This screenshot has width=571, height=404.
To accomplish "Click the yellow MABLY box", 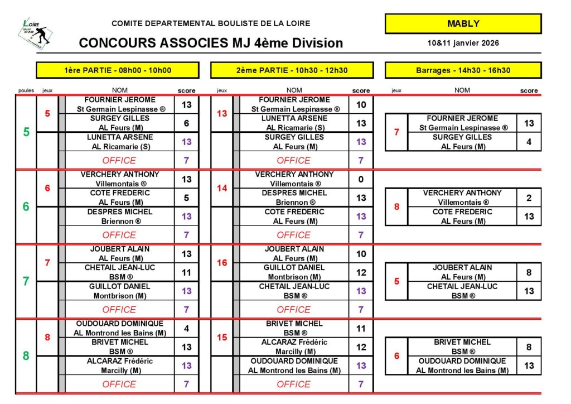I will (x=463, y=24).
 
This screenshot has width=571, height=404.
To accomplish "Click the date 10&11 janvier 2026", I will (x=463, y=43).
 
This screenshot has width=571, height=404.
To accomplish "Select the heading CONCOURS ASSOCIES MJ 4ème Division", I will (x=211, y=43).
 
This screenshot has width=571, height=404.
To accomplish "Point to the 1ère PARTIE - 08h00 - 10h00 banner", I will (x=118, y=70).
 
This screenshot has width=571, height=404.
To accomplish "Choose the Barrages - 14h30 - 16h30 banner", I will (x=463, y=70).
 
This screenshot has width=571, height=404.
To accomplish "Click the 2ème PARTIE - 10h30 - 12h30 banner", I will (x=292, y=70).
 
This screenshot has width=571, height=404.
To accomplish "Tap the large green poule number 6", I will (x=26, y=206).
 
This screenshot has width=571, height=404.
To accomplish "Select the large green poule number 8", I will (x=26, y=355).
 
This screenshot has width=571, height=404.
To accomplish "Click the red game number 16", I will (x=222, y=262).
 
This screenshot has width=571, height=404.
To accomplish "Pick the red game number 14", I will (x=222, y=188).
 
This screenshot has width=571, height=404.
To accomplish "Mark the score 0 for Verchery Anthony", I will (x=361, y=179).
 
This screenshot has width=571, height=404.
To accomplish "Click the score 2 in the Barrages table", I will (x=529, y=198).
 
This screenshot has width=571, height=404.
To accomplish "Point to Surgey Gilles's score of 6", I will (x=186, y=123).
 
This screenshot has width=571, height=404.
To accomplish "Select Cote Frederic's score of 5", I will (x=186, y=198).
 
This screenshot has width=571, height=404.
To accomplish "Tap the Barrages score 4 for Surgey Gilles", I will (x=529, y=142).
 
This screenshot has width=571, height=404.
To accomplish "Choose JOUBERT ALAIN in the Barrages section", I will (x=462, y=267).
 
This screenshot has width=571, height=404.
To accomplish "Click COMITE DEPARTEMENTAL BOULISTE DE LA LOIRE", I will (x=211, y=23).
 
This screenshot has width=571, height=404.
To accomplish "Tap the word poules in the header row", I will (x=26, y=90).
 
